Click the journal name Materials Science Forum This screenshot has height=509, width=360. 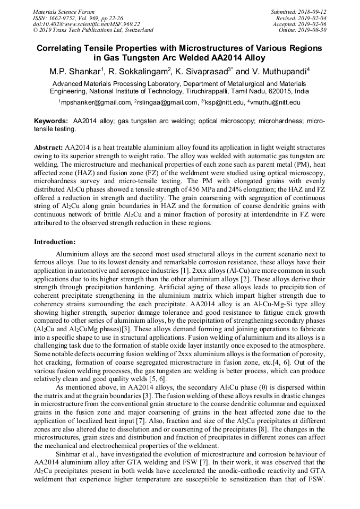(64, 12)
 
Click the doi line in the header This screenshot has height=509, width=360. (87, 24)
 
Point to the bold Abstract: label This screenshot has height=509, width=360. (49, 146)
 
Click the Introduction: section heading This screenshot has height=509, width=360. (55, 242)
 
